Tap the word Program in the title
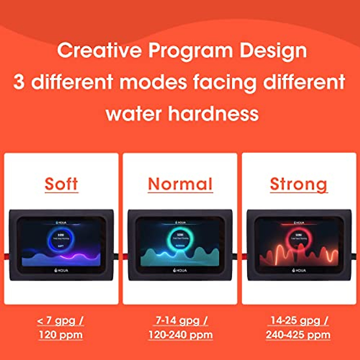[190, 51]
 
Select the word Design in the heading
[273, 51]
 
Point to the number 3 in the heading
[19, 82]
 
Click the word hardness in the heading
[213, 114]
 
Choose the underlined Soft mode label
[61, 184]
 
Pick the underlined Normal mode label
[180, 184]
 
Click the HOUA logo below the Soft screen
[61, 270]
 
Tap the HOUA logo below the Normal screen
[180, 270]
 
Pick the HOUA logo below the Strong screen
[299, 270]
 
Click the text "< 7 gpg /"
[61, 321]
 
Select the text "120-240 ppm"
[181, 335]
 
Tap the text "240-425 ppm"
[298, 335]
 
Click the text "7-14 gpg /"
[181, 320]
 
